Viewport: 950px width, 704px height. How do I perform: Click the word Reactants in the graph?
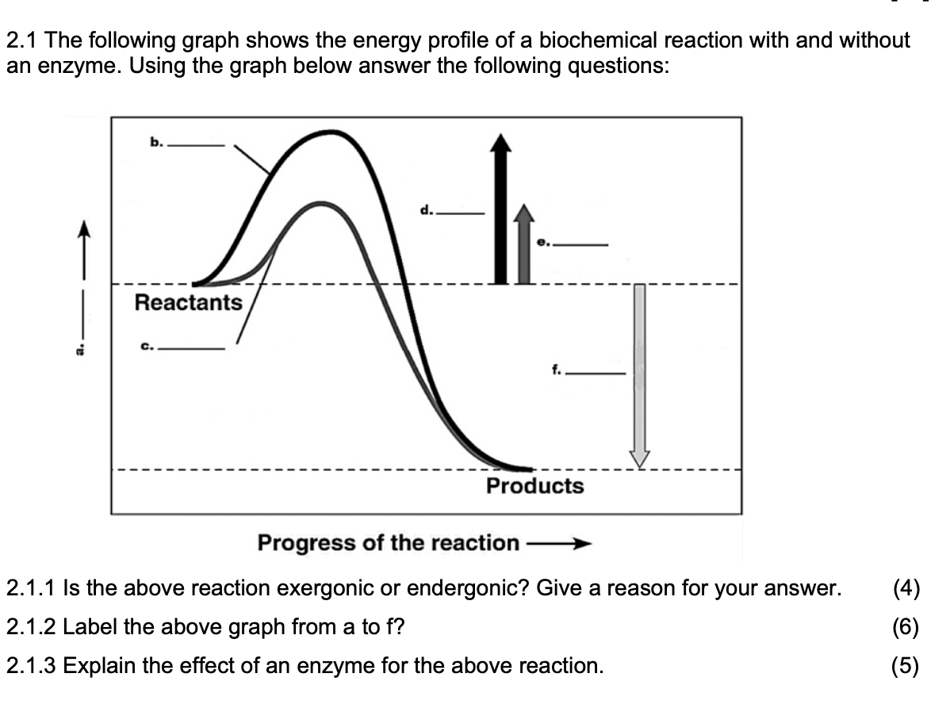point(188,303)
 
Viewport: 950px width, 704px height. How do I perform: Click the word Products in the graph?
point(534,486)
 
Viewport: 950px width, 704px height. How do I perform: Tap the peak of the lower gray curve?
point(322,204)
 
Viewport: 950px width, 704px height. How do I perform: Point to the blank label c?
point(182,346)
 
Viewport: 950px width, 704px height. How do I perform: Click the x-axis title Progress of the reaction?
point(388,543)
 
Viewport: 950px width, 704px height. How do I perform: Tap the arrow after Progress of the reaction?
point(559,544)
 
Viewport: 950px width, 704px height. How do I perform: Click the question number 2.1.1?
point(31,589)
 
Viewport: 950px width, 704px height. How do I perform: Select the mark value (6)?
point(906,627)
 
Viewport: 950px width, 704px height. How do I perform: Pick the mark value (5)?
point(906,665)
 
